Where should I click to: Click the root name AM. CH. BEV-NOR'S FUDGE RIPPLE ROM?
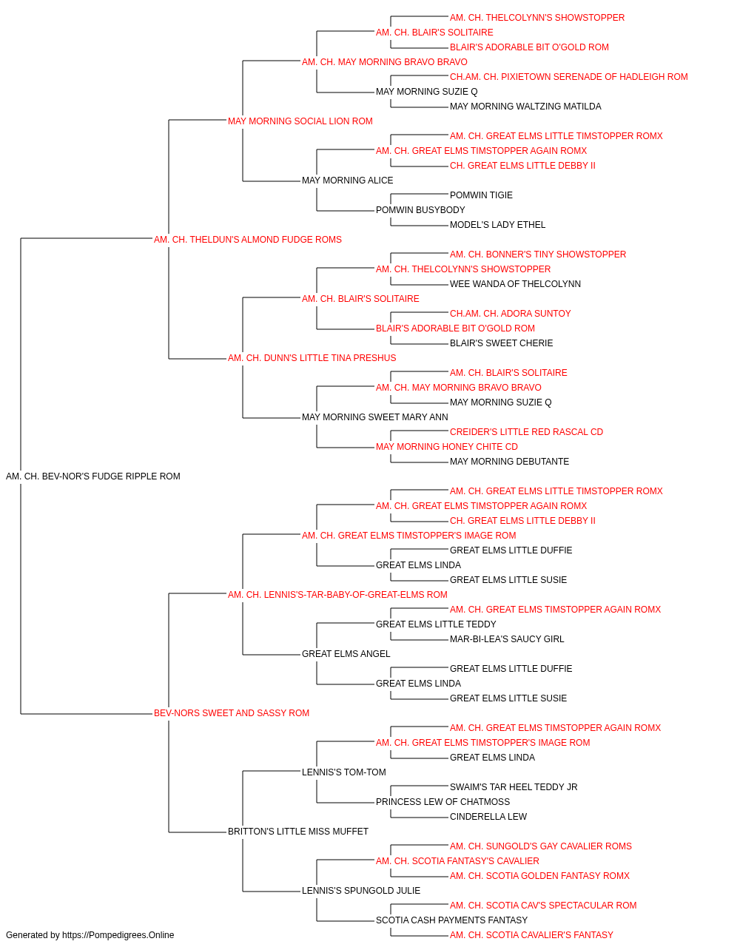click(92, 476)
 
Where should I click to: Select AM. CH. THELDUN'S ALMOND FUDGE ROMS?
click(248, 240)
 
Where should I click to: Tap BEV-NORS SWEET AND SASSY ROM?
click(232, 713)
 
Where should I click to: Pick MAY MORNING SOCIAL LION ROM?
click(300, 121)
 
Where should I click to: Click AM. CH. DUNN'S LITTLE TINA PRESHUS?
click(312, 358)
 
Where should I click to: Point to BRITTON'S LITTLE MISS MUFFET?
click(298, 832)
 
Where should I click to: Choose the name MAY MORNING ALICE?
click(347, 181)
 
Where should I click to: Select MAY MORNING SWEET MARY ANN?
click(374, 417)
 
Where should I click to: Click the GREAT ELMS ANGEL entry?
click(346, 654)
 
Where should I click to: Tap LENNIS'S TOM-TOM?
click(344, 772)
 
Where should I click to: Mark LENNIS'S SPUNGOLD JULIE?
click(361, 891)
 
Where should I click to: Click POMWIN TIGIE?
click(481, 195)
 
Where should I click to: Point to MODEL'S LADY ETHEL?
click(498, 225)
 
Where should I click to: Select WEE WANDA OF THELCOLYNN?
click(515, 284)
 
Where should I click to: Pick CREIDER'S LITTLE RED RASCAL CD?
click(526, 432)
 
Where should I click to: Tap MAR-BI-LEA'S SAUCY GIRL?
click(507, 639)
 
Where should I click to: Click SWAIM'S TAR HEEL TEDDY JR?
click(514, 787)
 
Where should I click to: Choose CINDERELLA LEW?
click(488, 817)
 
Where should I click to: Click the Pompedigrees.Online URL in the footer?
click(118, 935)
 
